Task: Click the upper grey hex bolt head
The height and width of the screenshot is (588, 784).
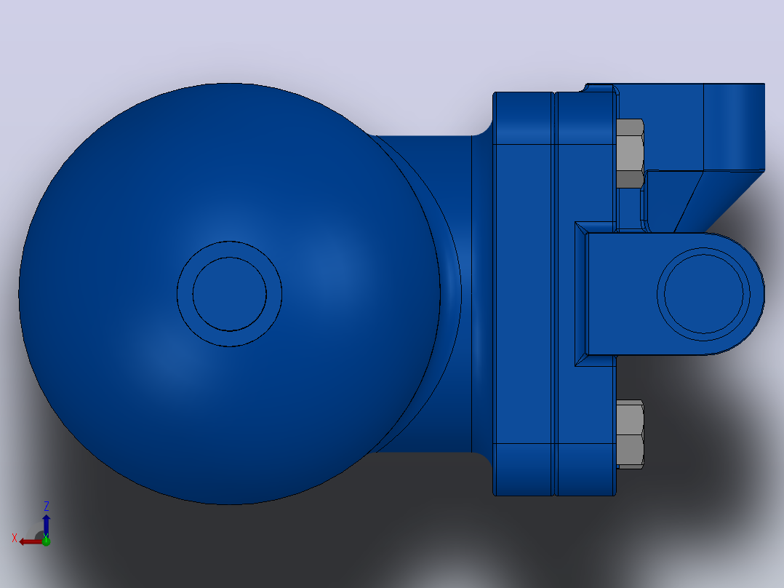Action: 630,154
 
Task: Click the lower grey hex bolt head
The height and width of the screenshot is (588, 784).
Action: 630,434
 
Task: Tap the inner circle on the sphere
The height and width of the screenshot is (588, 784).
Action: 230,294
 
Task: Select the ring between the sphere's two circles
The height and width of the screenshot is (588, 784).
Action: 185,294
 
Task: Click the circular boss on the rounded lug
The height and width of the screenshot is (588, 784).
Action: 703,294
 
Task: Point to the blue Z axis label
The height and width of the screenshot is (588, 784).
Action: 46,506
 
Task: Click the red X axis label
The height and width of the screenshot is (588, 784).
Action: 15,538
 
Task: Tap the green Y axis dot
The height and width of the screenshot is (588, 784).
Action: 46,541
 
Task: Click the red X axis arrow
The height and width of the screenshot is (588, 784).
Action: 31,541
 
